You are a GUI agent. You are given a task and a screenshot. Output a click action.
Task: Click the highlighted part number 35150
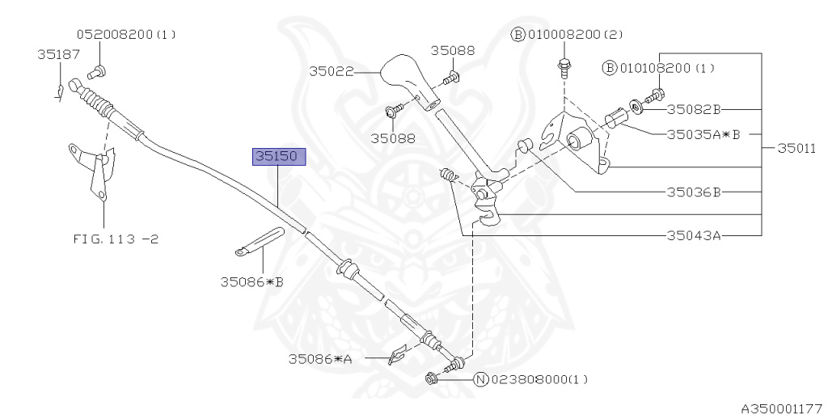[279, 157]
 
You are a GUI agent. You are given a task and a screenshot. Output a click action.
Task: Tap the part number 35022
[331, 71]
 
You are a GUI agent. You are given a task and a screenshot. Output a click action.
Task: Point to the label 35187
[58, 54]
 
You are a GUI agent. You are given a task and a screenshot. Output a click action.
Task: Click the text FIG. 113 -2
[116, 239]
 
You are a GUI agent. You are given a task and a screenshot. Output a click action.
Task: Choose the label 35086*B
[252, 282]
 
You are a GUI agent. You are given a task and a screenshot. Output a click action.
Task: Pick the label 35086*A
[320, 359]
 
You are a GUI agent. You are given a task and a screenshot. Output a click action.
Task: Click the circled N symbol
[480, 379]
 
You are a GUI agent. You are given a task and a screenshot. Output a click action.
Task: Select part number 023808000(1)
[539, 379]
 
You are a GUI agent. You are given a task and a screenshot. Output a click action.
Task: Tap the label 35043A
[693, 235]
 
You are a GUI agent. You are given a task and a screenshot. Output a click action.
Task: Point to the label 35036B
[693, 192]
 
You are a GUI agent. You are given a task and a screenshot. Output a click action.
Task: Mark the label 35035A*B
[703, 134]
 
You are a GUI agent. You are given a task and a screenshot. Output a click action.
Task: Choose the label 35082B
[693, 109]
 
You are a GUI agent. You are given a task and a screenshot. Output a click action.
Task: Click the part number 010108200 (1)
[667, 68]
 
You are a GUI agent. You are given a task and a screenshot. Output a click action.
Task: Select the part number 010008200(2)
[574, 35]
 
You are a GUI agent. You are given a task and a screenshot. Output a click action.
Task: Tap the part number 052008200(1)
[126, 35]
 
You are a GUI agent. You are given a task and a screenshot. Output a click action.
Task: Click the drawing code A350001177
[783, 408]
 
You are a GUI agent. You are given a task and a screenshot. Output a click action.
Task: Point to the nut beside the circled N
[432, 378]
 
